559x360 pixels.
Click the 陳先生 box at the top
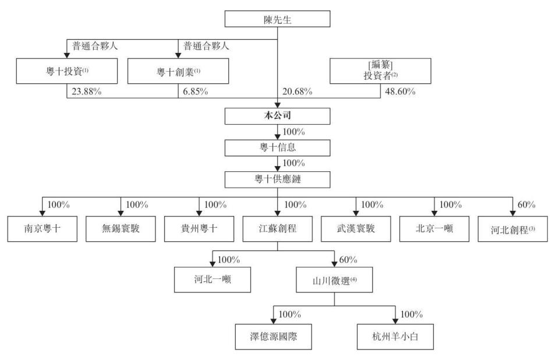pos(277,19)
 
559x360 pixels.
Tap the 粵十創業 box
pos(178,71)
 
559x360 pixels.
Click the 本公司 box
pos(277,117)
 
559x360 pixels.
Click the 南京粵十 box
pos(41,229)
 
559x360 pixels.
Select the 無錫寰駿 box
pos(120,229)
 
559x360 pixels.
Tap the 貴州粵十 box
pos(199,229)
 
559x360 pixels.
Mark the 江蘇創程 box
pos(277,229)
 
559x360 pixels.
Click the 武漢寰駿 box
pos(356,229)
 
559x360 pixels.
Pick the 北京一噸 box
pos(434,229)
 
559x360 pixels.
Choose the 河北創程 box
pos(513,229)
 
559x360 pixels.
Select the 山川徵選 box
pos(333,279)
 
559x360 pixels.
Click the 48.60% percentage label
pos(396,92)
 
